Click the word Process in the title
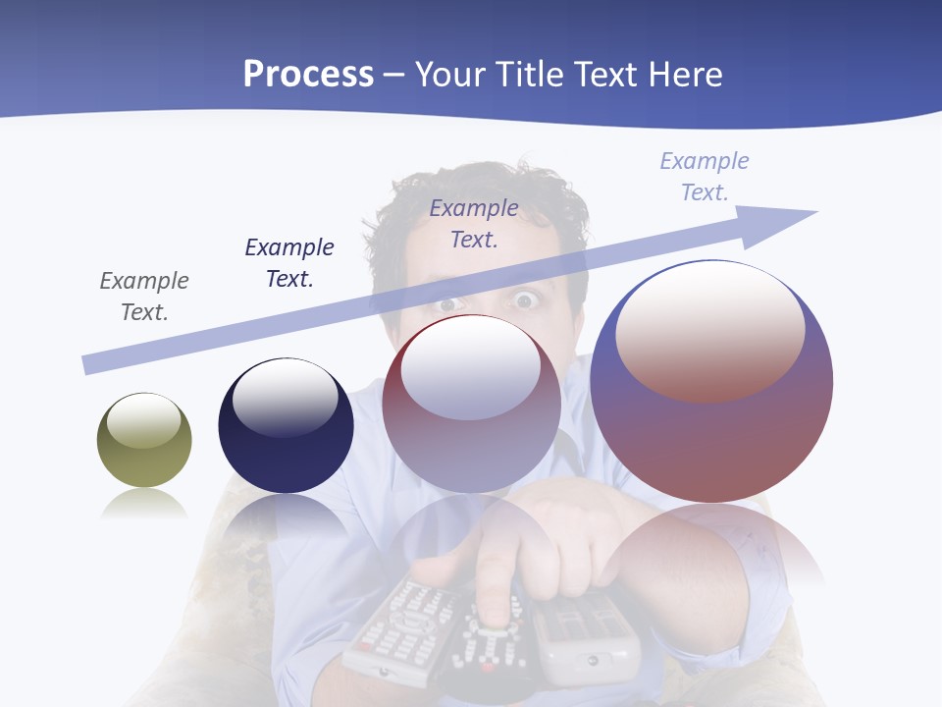(308, 75)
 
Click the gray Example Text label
(144, 297)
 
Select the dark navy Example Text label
(289, 263)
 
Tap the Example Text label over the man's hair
(474, 223)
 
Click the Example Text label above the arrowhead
(705, 177)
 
